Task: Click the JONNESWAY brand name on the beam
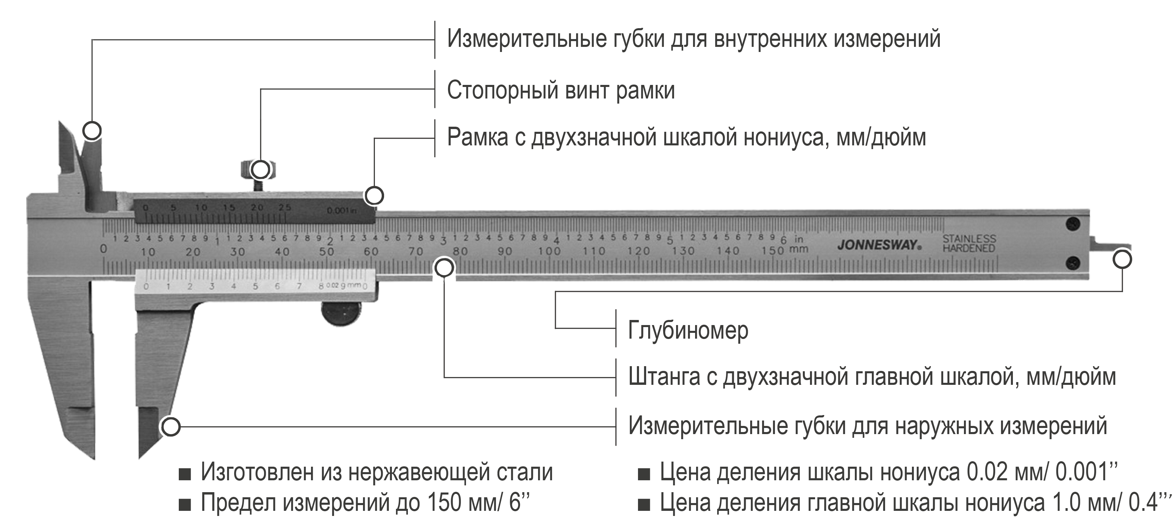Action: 879,245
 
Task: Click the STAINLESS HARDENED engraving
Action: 969,244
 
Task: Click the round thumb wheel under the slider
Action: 341,314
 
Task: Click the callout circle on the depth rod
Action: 1122,260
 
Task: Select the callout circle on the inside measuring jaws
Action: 92,131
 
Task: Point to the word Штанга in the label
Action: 663,377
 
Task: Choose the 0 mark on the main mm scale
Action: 103,249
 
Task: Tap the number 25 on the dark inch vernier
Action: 285,208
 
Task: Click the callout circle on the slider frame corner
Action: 374,196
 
